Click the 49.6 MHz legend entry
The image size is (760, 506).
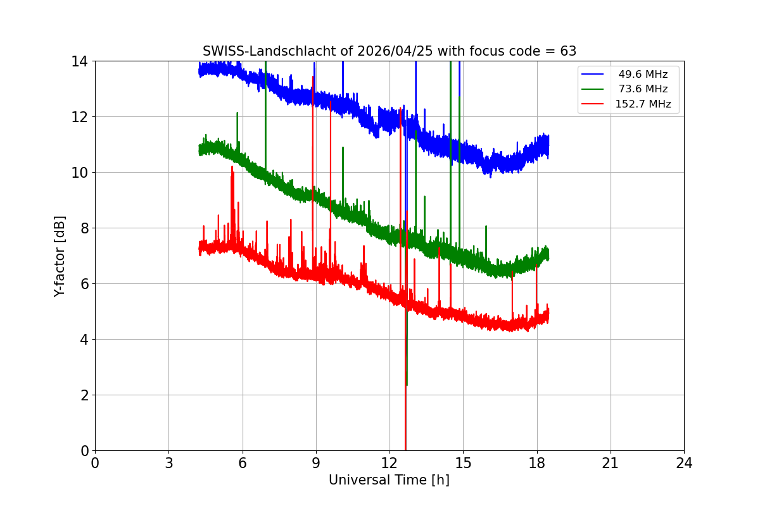tap(643, 75)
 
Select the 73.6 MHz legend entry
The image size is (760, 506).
tap(643, 89)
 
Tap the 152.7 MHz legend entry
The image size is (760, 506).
tap(643, 104)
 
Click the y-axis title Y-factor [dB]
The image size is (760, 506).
tap(60, 256)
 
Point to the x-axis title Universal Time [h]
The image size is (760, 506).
tap(389, 480)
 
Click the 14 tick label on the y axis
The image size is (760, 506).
tap(79, 61)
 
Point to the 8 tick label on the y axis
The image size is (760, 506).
tap(83, 228)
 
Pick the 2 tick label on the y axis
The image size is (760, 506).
tap(83, 395)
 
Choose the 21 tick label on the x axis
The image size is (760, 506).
tap(611, 463)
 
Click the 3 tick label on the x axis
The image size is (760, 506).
tap(168, 463)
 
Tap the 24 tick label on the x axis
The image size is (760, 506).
tap(684, 463)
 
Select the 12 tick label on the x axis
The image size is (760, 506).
tap(389, 463)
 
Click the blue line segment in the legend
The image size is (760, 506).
tap(592, 75)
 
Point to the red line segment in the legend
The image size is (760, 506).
tap(592, 104)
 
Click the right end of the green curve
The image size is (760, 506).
tap(548, 254)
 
